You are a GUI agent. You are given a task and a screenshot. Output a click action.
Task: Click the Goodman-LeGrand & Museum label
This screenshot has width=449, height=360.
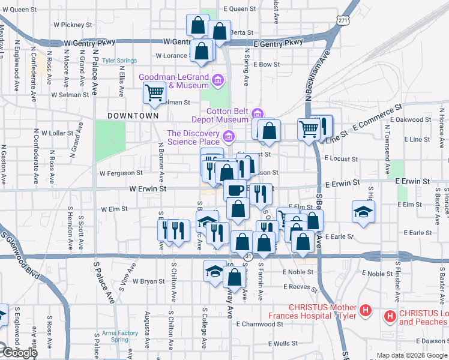(x=174, y=81)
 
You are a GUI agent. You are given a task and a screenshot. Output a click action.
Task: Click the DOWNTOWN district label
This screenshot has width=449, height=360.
(x=133, y=115)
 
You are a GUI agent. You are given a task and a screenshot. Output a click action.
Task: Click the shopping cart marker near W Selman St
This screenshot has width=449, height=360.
(x=154, y=93)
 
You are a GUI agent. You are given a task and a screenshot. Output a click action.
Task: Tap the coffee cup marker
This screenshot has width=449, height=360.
(x=235, y=190)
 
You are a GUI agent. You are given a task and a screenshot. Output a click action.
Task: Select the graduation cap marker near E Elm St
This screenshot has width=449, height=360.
(x=362, y=212)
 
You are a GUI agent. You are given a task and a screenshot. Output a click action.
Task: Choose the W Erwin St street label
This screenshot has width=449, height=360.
(x=148, y=188)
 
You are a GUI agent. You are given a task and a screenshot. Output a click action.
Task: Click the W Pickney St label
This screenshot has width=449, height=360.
(x=72, y=25)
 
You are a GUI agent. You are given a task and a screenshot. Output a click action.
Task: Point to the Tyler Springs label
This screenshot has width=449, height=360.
(x=119, y=61)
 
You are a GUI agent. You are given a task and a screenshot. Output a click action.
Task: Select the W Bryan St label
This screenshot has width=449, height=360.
(x=148, y=281)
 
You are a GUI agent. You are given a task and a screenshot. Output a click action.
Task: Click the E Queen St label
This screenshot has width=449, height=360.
(x=240, y=9)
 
